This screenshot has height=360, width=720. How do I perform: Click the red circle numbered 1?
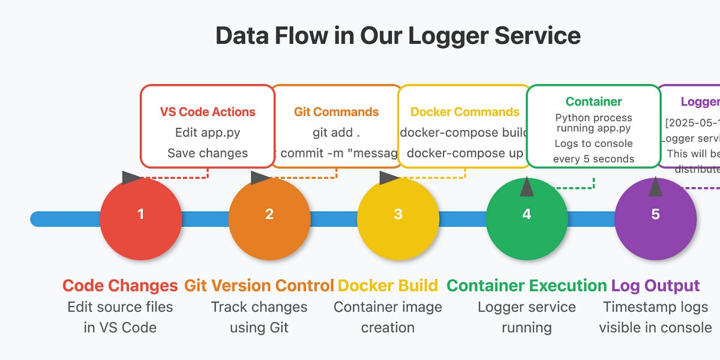140,219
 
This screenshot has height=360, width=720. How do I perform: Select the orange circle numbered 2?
269,219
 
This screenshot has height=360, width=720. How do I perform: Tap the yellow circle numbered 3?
398,219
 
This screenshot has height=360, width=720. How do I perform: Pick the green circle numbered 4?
527,219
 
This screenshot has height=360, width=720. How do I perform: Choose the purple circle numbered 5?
655,219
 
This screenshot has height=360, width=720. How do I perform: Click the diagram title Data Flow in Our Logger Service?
398,36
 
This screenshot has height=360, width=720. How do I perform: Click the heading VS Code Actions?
208,112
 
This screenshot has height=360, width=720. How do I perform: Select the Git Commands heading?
336,112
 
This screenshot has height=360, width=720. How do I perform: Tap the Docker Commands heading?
465,112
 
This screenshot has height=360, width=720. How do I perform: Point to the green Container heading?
593,101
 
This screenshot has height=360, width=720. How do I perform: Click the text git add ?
336,132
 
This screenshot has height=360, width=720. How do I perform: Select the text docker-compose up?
465,153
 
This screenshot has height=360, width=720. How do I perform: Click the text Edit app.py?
208,132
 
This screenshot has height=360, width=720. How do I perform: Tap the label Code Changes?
120,286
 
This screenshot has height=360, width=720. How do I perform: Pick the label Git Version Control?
259,286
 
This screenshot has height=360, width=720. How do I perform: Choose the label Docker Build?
388,286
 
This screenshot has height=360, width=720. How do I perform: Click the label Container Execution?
527,286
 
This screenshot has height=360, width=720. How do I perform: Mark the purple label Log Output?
655,286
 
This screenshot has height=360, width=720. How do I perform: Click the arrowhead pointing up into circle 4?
527,187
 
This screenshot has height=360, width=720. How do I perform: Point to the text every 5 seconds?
593,159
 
